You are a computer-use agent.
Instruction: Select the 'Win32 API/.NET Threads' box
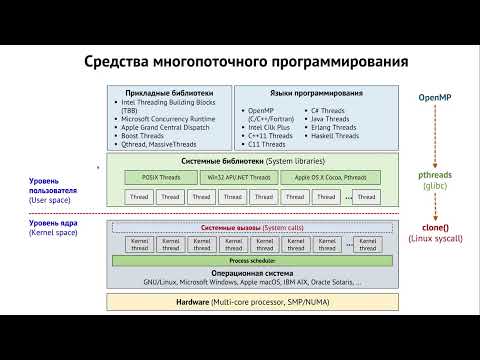pos(236,177)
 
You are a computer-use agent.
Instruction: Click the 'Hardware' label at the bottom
pos(191,300)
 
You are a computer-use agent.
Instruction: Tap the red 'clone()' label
pos(436,227)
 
